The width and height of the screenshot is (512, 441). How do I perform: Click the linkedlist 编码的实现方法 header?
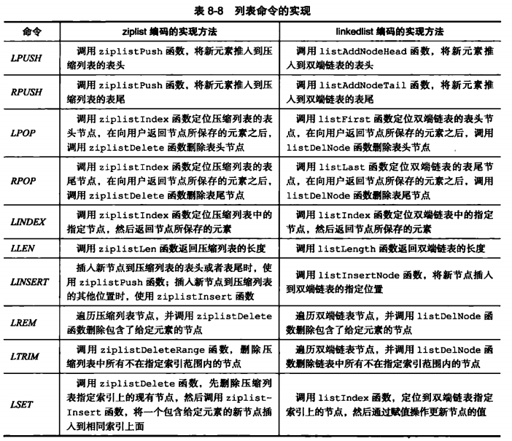[x=391, y=31]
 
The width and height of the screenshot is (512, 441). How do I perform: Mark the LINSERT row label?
[x=29, y=282]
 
